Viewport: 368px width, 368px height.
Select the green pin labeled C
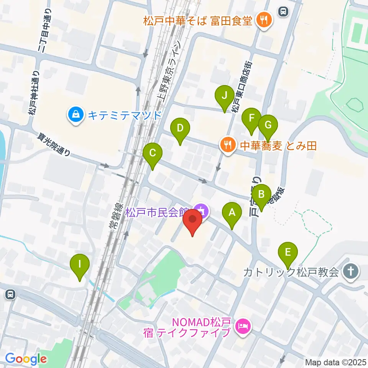(x=153, y=154)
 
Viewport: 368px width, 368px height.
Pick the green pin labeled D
(x=180, y=129)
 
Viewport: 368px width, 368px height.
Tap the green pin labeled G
(x=268, y=125)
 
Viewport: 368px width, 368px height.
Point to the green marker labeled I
(x=80, y=264)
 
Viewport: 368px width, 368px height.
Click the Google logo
(x=26, y=359)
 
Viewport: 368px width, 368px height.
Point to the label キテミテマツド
(x=125, y=115)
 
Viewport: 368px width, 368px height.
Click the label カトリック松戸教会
(x=291, y=272)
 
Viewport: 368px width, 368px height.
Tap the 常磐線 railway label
(x=114, y=221)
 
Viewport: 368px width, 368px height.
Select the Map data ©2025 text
(x=335, y=362)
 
